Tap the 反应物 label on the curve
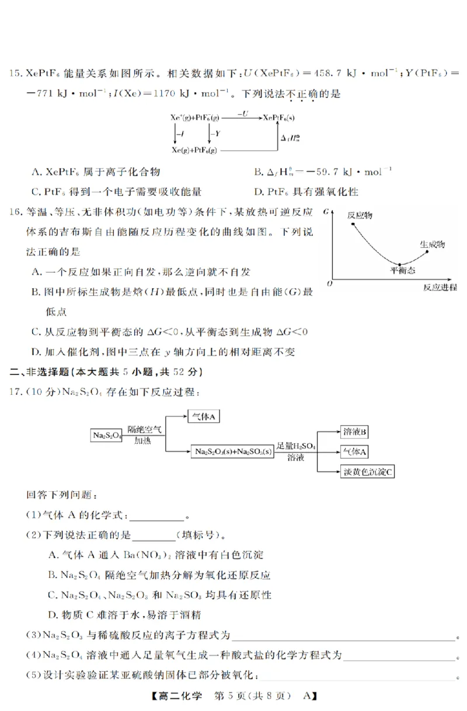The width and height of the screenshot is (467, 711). click(x=360, y=215)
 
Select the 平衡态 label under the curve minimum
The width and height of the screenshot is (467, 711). click(x=402, y=271)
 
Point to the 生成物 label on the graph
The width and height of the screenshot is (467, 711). click(x=432, y=244)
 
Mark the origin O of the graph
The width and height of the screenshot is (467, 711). click(x=330, y=283)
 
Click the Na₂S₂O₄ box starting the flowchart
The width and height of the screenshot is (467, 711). click(x=106, y=435)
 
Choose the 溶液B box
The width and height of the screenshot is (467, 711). click(x=355, y=432)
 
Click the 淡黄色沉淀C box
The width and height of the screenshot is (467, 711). click(x=367, y=471)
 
